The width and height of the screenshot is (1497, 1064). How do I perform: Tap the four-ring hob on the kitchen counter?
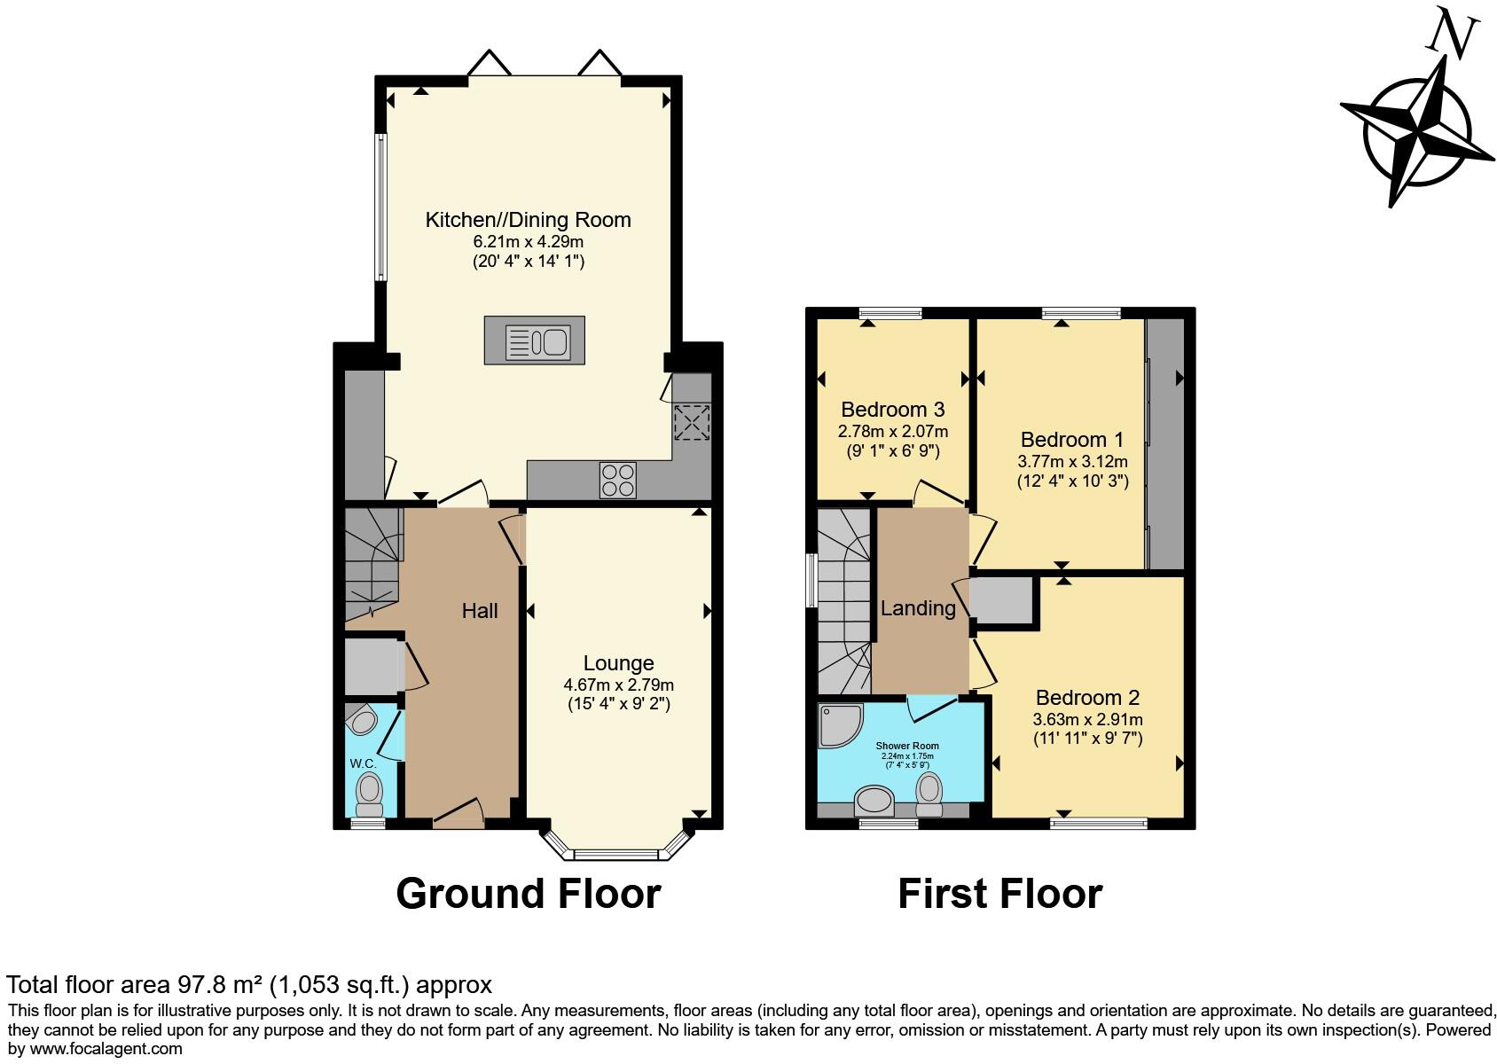click(x=617, y=480)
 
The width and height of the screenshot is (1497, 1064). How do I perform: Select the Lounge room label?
click(x=618, y=663)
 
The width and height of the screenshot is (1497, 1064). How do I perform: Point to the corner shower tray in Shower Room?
click(x=838, y=724)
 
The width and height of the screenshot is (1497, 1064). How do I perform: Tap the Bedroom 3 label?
click(x=892, y=410)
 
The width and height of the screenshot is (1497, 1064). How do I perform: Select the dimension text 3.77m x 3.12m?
click(x=1072, y=461)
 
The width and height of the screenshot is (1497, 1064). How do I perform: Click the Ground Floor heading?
click(x=528, y=894)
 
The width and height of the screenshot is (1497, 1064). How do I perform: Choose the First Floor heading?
click(x=999, y=894)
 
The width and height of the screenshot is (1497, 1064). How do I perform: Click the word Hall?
click(x=480, y=611)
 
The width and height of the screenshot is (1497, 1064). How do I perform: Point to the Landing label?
click(x=918, y=608)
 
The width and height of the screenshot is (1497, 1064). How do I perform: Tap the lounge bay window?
click(x=617, y=854)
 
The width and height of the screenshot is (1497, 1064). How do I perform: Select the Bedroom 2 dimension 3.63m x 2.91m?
click(x=1087, y=719)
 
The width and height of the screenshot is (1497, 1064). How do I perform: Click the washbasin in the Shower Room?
click(x=874, y=801)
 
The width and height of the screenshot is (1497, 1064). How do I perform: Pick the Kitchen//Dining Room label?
click(x=528, y=220)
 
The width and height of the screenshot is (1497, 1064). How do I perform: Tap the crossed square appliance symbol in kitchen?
click(x=691, y=422)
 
